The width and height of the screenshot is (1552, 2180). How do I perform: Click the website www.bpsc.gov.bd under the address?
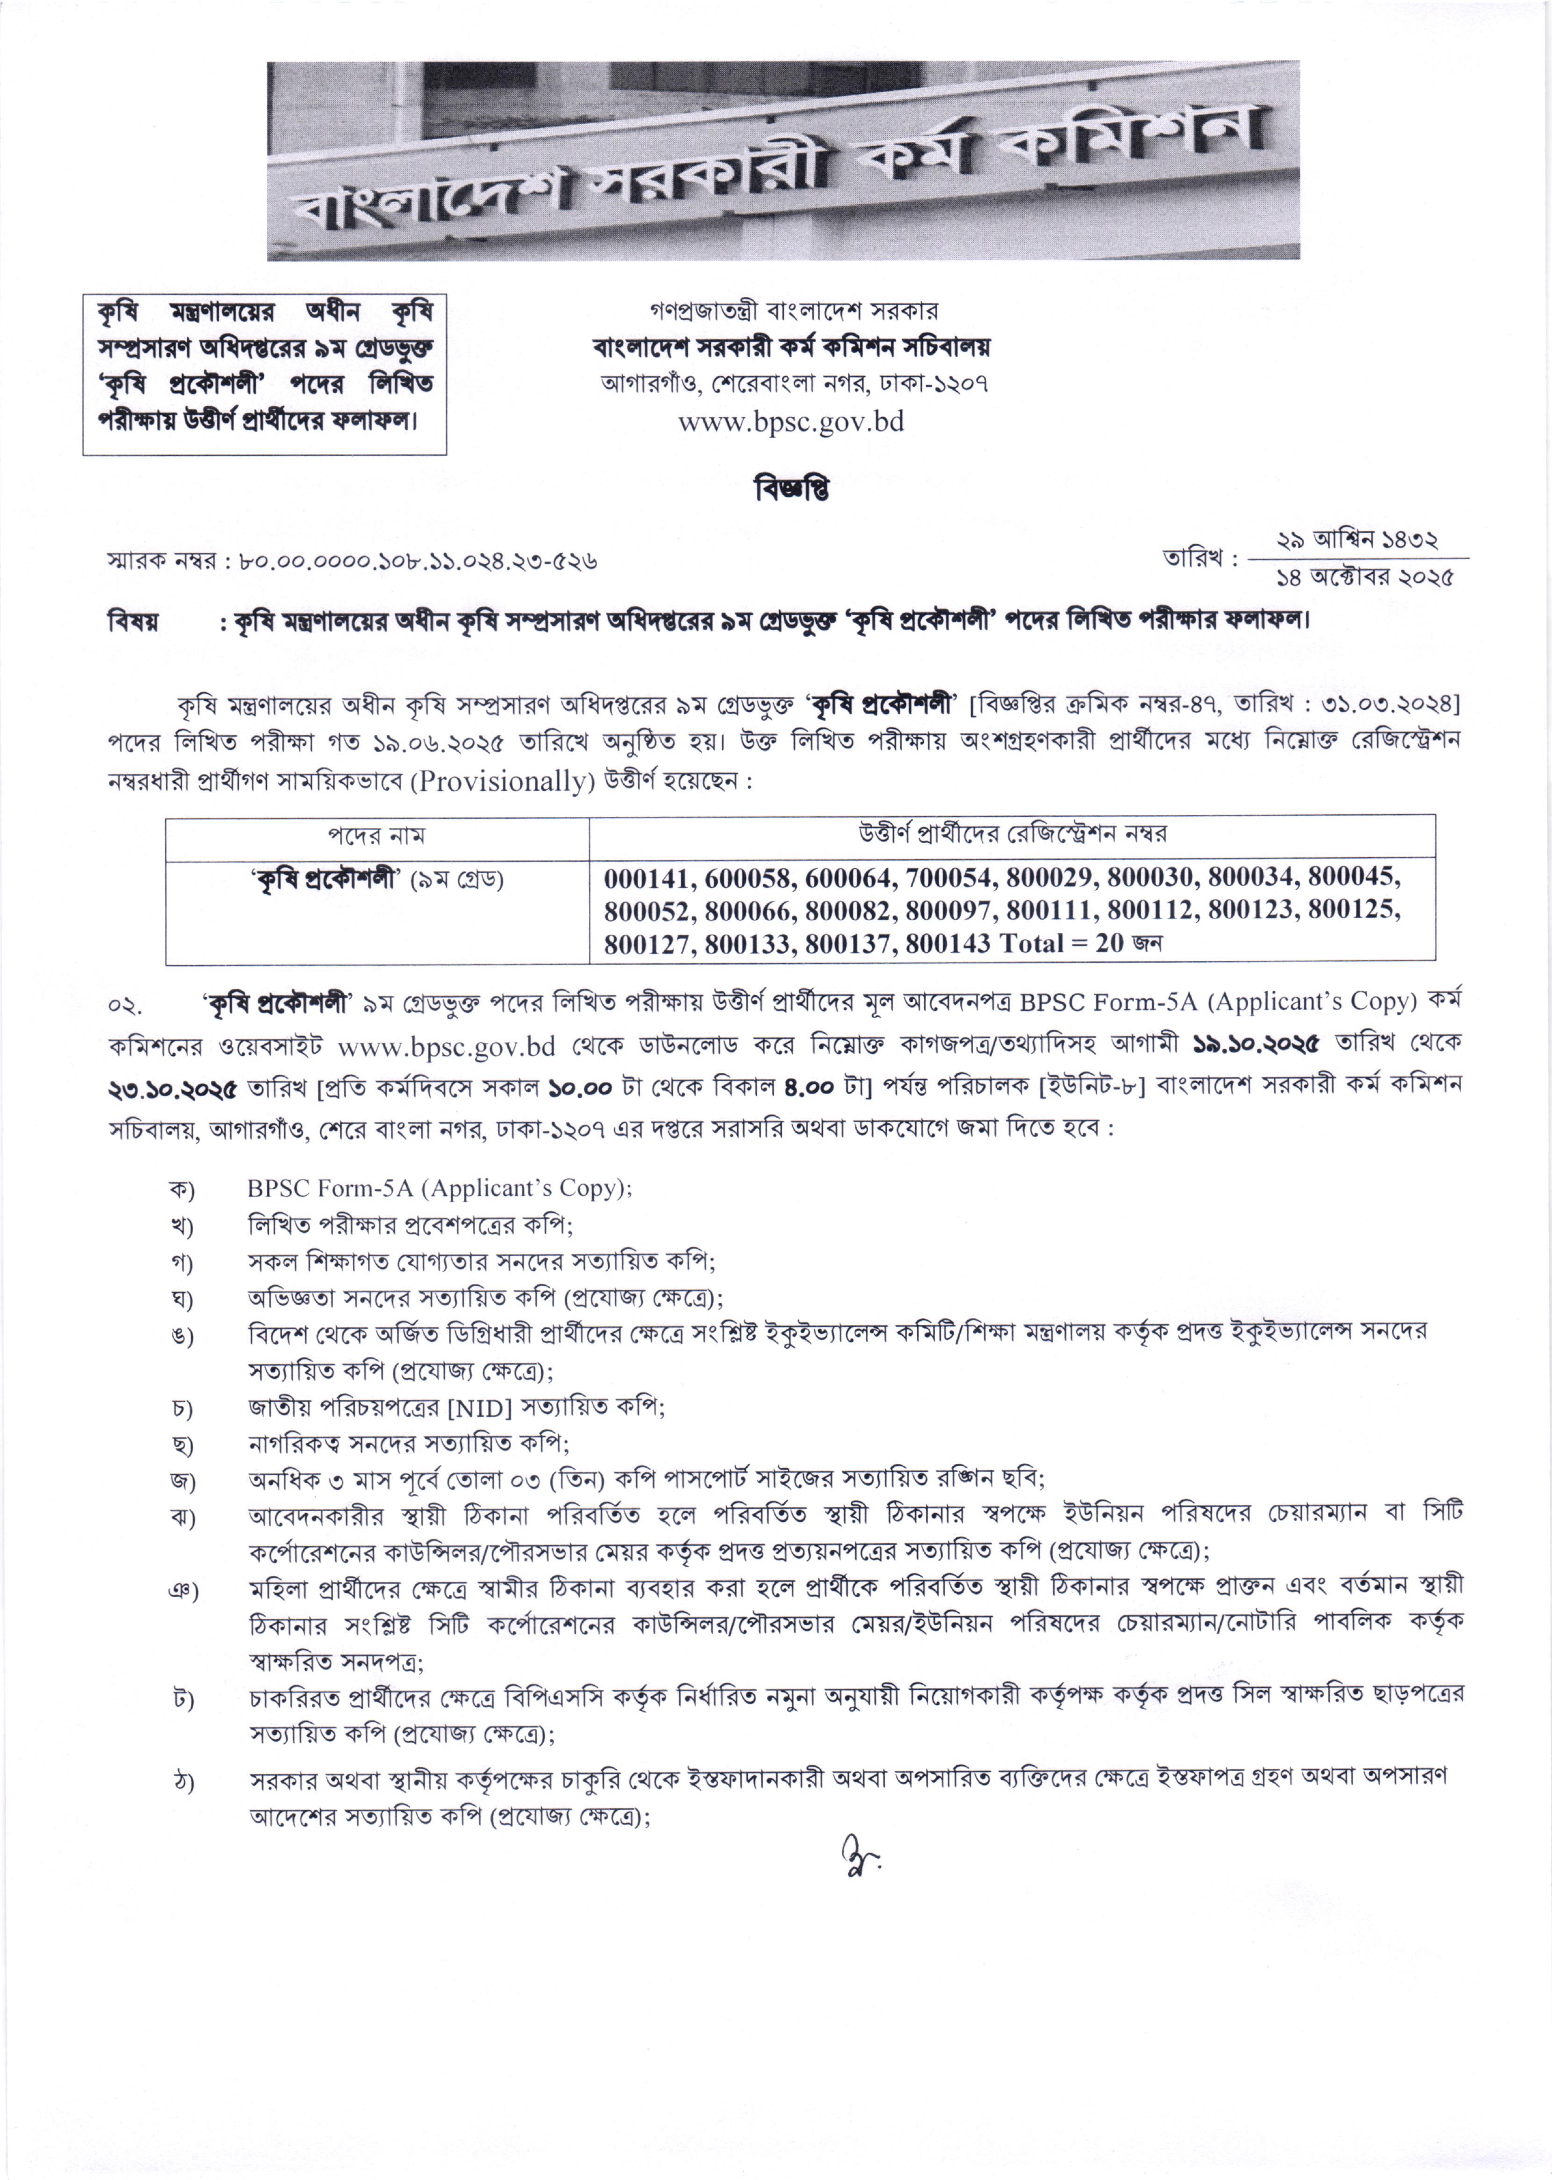[x=791, y=422]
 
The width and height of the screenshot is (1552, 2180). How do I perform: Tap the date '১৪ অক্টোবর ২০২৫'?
[x=1364, y=577]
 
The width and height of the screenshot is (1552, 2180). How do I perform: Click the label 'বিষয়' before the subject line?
[x=133, y=622]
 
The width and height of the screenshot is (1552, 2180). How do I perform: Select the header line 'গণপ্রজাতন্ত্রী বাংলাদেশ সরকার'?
[x=793, y=311]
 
